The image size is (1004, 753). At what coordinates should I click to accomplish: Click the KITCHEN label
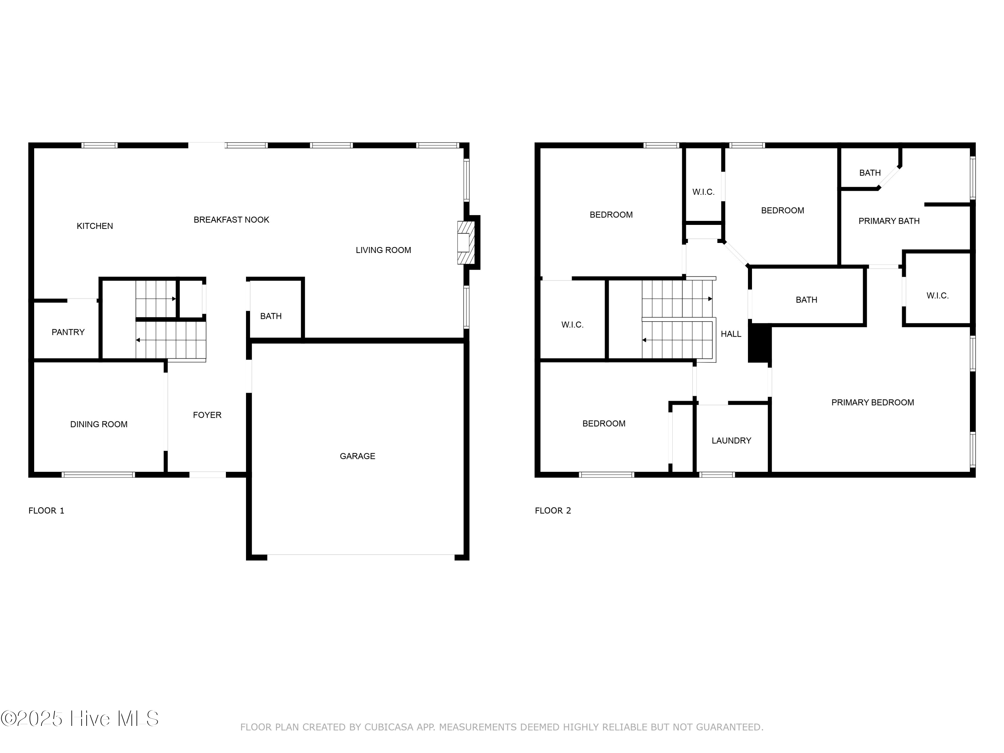[x=94, y=226]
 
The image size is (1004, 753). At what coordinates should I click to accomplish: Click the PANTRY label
[x=68, y=332]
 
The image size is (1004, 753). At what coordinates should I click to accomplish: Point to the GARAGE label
[x=357, y=456]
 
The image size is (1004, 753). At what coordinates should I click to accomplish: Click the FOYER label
[x=207, y=415]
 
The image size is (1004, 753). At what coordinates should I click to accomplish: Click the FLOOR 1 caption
[x=46, y=511]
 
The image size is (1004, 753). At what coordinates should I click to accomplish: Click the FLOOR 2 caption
[x=553, y=511]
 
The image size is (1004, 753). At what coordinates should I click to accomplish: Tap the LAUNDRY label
[x=731, y=441]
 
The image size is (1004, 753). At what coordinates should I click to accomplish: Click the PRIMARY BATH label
[x=889, y=221]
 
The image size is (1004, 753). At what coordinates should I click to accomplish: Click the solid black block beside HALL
[x=759, y=343]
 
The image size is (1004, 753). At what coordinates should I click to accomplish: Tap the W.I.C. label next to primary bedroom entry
[x=937, y=296]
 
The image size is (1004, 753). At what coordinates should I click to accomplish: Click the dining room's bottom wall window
[x=98, y=475]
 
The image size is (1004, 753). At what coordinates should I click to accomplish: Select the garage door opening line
[x=360, y=555]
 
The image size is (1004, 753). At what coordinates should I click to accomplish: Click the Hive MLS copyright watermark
[x=80, y=719]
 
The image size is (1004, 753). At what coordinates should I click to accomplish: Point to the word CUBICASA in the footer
[x=389, y=727]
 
